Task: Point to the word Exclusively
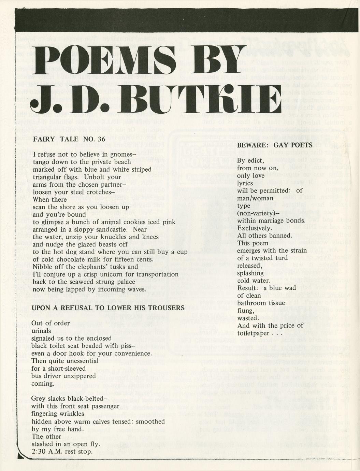click(x=253, y=228)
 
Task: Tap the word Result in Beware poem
click(x=247, y=288)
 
